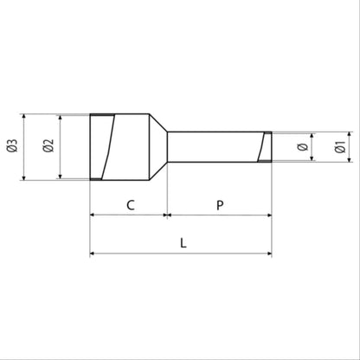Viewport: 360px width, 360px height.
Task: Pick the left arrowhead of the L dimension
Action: pos(93,254)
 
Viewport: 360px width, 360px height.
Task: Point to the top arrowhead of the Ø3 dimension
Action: pos(25,115)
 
